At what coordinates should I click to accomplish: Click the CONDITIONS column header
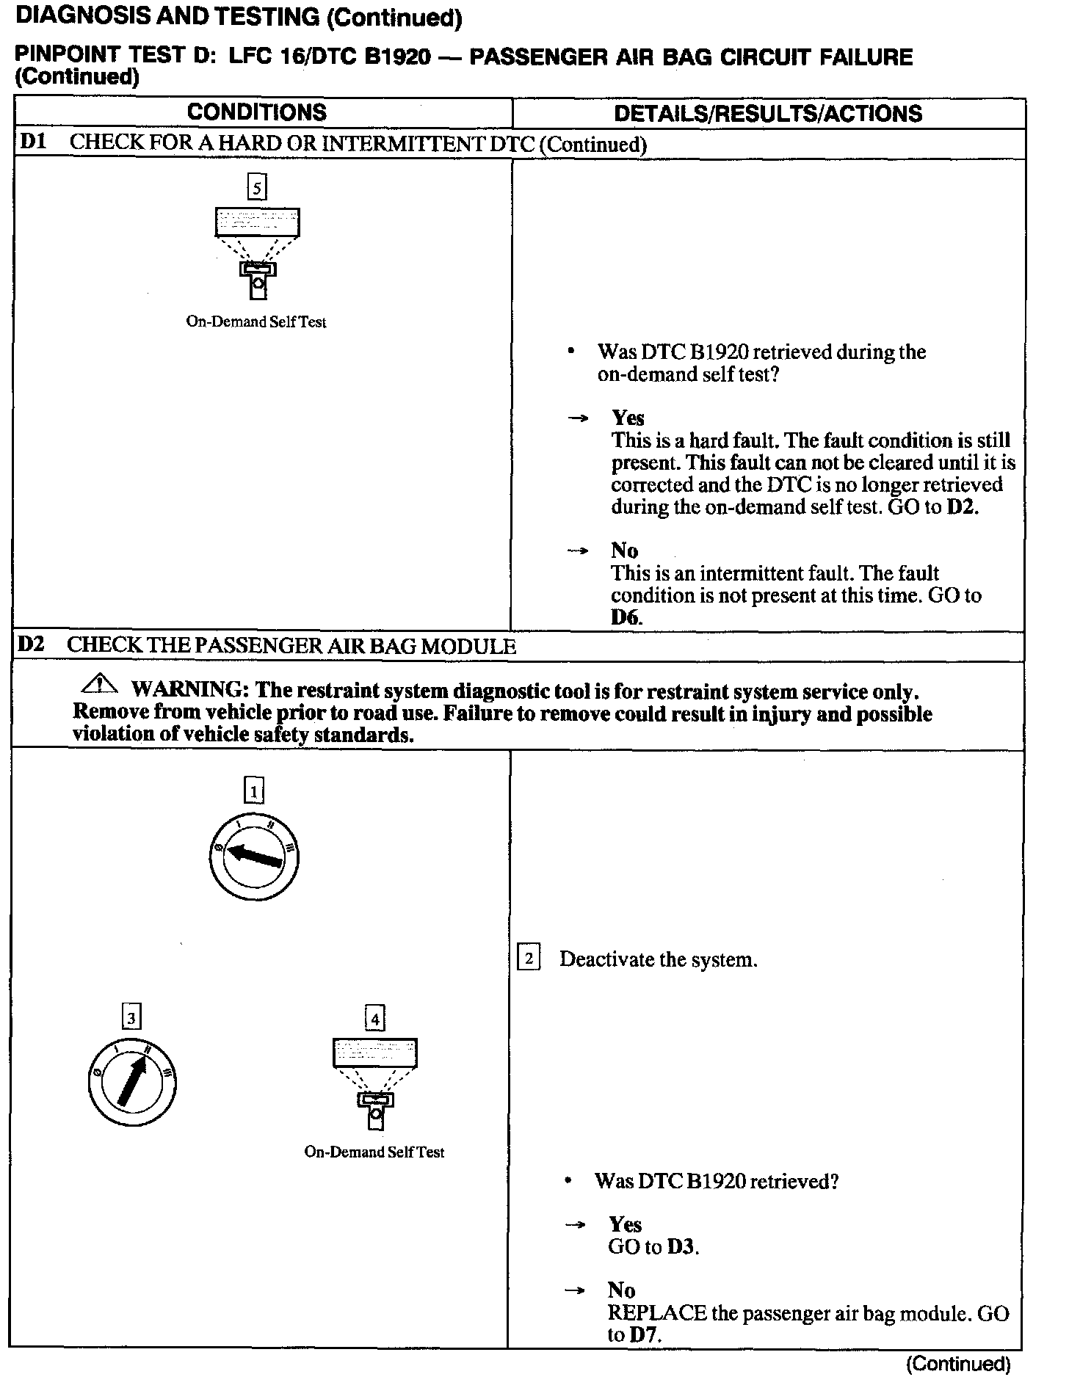[x=256, y=112]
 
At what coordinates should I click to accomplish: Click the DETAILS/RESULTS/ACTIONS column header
[x=767, y=113]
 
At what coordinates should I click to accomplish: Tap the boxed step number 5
[x=256, y=187]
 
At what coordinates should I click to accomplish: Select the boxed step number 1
[x=253, y=791]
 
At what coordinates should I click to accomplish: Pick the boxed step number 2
[x=529, y=959]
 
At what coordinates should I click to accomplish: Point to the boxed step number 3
[x=131, y=1017]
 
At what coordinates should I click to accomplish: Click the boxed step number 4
[x=374, y=1019]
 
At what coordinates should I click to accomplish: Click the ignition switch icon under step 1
[x=253, y=857]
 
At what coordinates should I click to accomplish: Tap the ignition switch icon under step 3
[x=132, y=1082]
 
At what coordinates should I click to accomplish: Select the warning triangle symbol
[x=100, y=686]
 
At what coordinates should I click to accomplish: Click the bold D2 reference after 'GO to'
[x=962, y=507]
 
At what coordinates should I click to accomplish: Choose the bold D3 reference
[x=681, y=1247]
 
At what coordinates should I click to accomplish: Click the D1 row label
[x=32, y=142]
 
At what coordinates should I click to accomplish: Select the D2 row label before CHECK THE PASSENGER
[x=31, y=645]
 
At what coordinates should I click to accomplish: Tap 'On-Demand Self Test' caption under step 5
[x=256, y=321]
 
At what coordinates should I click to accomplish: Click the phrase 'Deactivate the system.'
[x=658, y=959]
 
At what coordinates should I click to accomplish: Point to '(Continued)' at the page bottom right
[x=958, y=1364]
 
